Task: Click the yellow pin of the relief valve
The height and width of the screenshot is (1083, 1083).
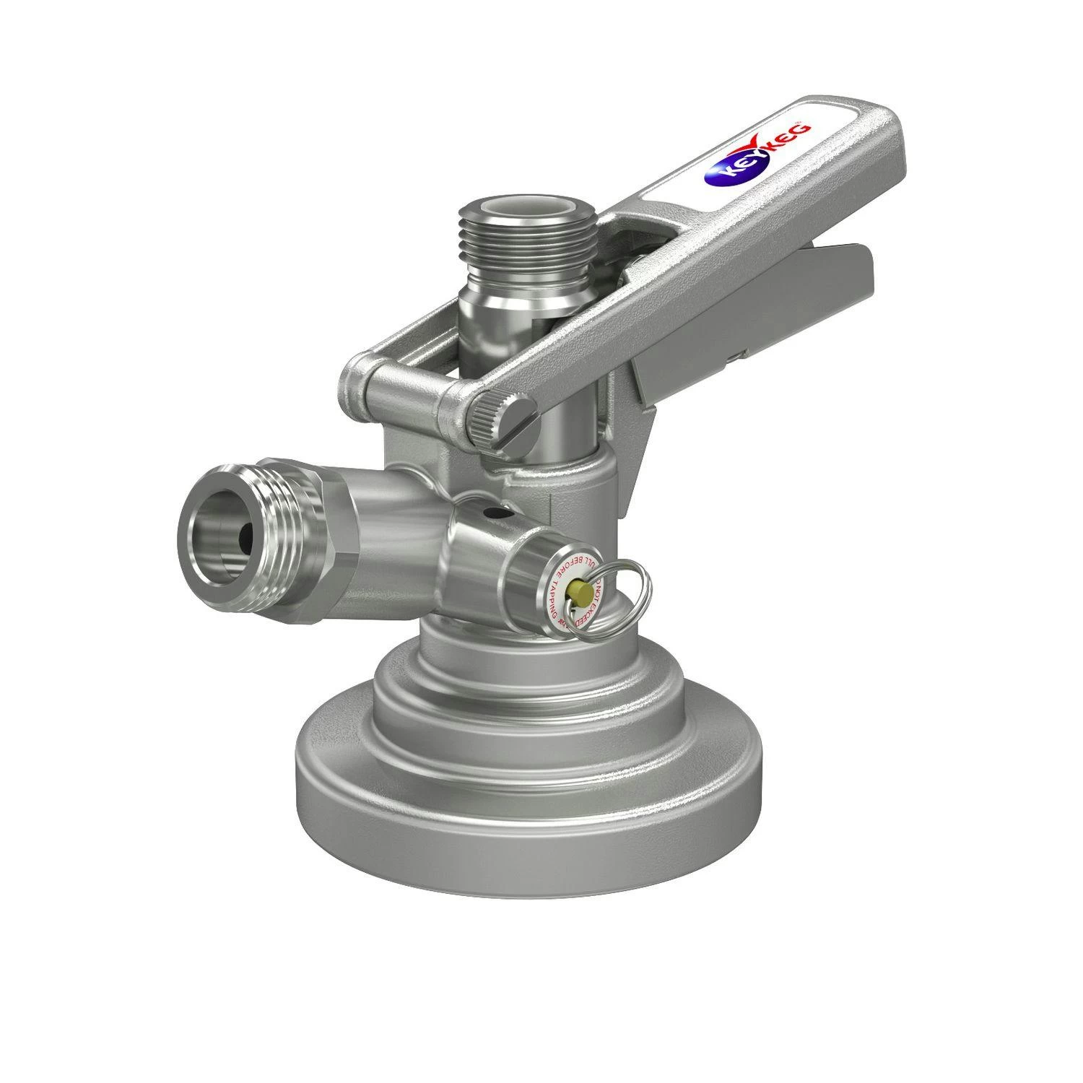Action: click(x=578, y=593)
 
